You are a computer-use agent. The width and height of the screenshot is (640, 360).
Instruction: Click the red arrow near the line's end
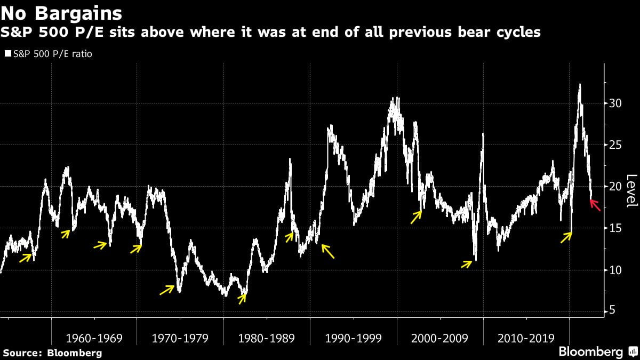coord(596,205)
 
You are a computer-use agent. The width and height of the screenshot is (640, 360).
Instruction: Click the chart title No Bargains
coord(62,12)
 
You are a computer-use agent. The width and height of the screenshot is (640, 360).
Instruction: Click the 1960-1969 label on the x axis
coord(94,338)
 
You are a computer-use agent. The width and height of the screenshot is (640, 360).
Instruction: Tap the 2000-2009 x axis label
coord(440,338)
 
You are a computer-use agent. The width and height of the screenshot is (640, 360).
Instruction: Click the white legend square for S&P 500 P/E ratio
coord(7,54)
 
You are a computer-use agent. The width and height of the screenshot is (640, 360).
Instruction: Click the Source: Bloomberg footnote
coord(52,353)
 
